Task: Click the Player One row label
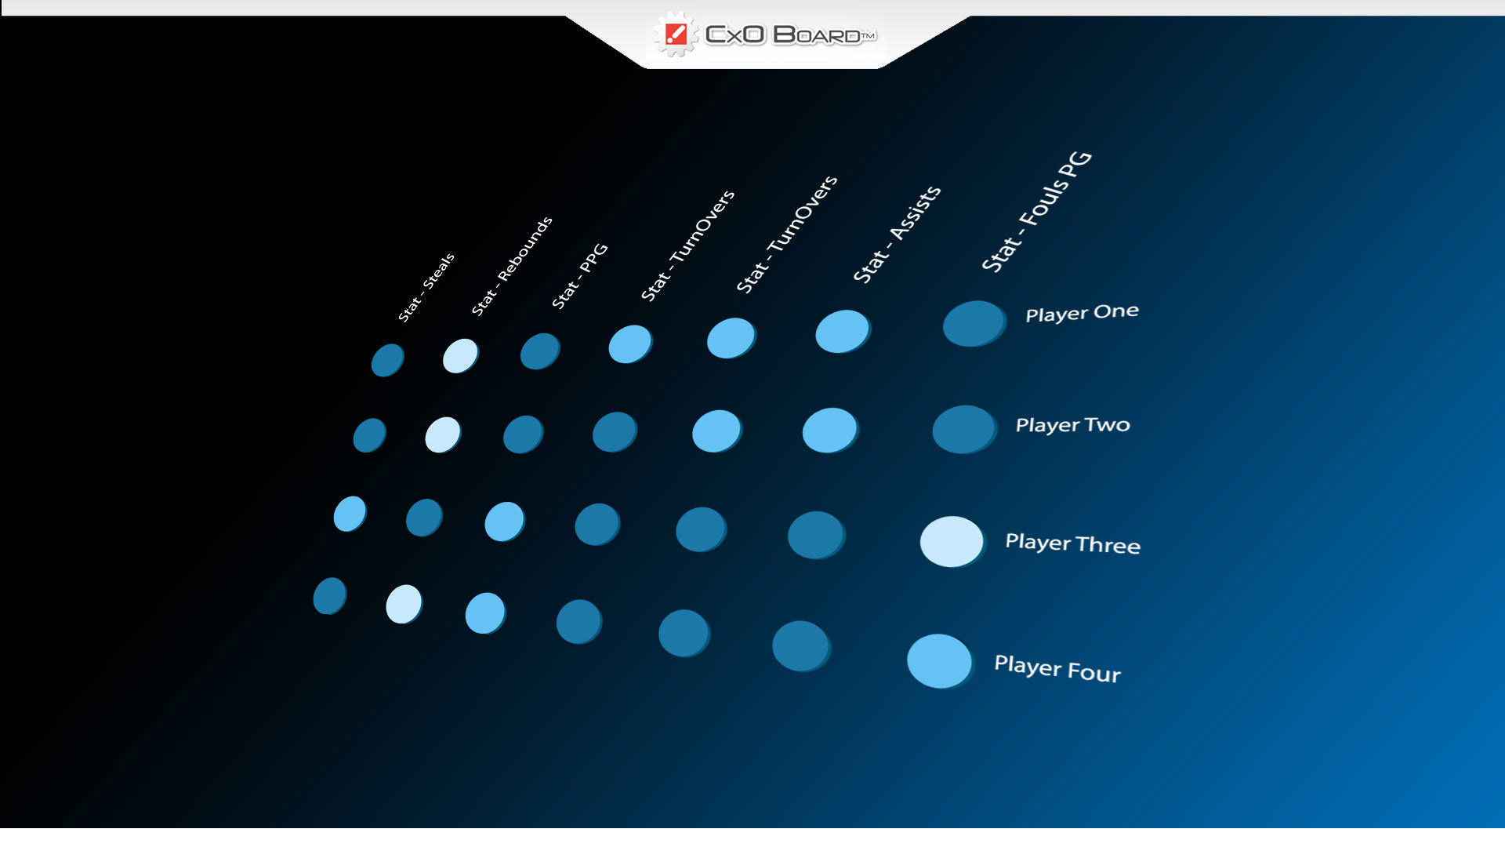(x=1082, y=313)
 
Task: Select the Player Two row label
(x=1072, y=425)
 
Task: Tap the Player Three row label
(x=1072, y=543)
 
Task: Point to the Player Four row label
(x=1057, y=668)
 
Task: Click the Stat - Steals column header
(x=426, y=288)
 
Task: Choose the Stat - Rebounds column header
(x=512, y=266)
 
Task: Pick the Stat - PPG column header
(x=580, y=276)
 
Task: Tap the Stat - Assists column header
(x=897, y=234)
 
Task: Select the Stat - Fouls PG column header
(x=1036, y=211)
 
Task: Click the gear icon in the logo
(x=675, y=35)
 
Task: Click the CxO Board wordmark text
(x=790, y=35)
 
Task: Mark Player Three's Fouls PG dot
(x=952, y=541)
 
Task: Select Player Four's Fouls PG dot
(x=940, y=661)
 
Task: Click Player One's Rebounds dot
(x=460, y=356)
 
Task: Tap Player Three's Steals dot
(x=350, y=514)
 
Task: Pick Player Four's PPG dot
(x=485, y=613)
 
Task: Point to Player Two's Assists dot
(x=830, y=430)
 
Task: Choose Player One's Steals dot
(x=387, y=360)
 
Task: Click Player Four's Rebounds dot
(x=404, y=604)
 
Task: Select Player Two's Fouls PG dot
(x=964, y=429)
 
